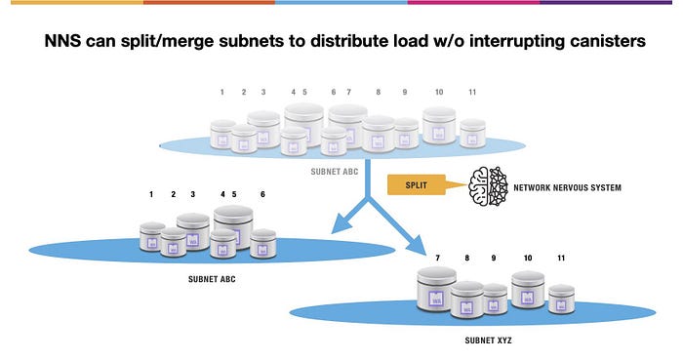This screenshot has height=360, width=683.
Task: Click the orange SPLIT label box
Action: tap(417, 184)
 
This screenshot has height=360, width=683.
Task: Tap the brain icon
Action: tap(488, 186)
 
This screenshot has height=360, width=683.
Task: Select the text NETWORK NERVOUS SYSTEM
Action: tap(567, 187)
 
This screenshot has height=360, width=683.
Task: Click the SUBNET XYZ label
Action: tap(488, 340)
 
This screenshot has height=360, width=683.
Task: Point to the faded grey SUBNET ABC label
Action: tap(335, 172)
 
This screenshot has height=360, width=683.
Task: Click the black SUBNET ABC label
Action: tap(212, 279)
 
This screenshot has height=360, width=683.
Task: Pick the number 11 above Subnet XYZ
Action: tap(561, 259)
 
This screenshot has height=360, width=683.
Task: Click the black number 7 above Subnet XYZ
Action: tap(438, 259)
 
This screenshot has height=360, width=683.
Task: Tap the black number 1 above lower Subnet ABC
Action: tap(151, 194)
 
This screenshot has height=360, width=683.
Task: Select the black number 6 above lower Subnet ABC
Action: tap(262, 194)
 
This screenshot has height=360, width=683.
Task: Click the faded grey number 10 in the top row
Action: tap(439, 92)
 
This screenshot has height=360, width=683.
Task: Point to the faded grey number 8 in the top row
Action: tap(379, 92)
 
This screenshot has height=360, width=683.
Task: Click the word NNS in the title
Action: tap(62, 41)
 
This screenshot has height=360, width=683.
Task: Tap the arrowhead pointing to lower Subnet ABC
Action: tap(341, 224)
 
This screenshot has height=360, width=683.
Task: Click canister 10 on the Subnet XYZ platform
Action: tap(528, 290)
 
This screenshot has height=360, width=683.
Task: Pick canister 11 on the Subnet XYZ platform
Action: tap(561, 300)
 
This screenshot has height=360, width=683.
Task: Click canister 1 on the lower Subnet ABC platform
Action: tap(152, 237)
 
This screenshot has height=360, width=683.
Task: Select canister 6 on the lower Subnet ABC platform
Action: tap(263, 243)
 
